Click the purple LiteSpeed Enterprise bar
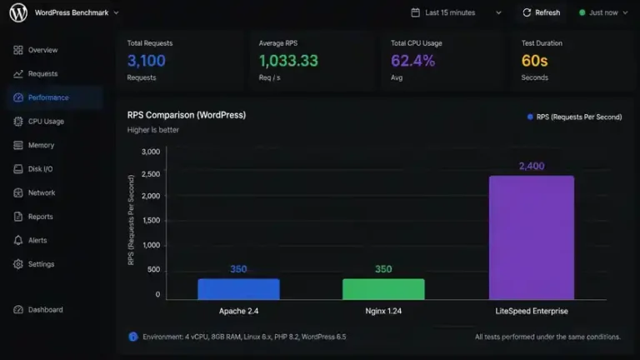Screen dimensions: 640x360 [532, 237]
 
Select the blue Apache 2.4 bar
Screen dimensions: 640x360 [239, 289]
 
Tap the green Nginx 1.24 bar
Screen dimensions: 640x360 [383, 289]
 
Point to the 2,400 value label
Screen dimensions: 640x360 [532, 166]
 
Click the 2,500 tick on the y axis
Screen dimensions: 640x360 [151, 174]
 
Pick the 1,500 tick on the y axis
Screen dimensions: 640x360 [151, 220]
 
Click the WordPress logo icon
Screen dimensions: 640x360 [18, 12]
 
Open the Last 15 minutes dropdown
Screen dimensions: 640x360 [456, 12]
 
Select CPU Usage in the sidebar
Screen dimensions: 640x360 [46, 122]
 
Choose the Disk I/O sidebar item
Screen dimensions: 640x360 [40, 169]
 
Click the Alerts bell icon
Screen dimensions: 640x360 [18, 240]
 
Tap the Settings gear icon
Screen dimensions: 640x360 [18, 264]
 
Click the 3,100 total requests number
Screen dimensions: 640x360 [146, 61]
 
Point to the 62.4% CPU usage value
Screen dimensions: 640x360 [412, 61]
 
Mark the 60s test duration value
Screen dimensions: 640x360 [534, 61]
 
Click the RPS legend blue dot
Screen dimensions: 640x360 [530, 117]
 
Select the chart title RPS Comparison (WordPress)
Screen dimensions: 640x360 [187, 115]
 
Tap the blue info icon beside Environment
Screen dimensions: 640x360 [133, 337]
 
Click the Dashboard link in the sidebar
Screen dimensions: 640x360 [45, 310]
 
